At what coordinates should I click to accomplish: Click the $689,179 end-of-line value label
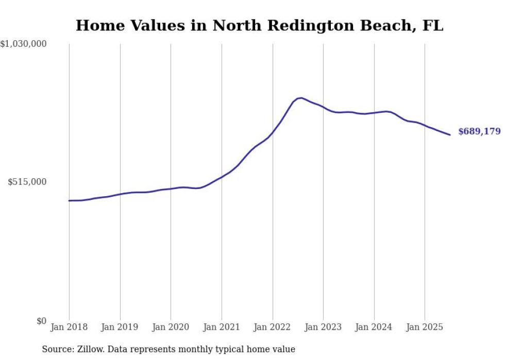coord(479,131)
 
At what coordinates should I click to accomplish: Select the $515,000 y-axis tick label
coord(27,182)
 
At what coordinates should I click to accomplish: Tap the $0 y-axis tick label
coord(41,321)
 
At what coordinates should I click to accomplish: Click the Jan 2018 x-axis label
coord(69,327)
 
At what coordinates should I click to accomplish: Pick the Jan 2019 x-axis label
coord(120,327)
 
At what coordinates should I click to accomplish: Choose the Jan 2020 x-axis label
coord(171,327)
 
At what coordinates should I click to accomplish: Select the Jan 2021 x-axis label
coord(222,327)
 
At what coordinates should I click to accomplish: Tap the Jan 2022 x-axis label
coord(273,327)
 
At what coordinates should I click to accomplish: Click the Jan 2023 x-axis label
coord(323,327)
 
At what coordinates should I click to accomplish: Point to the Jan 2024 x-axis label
coord(374,327)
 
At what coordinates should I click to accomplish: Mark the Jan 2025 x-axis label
coord(425,327)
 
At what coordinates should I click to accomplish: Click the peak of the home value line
coord(300,97)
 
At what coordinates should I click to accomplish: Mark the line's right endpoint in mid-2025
coord(450,135)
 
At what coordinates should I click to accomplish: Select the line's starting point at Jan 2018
coord(69,200)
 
